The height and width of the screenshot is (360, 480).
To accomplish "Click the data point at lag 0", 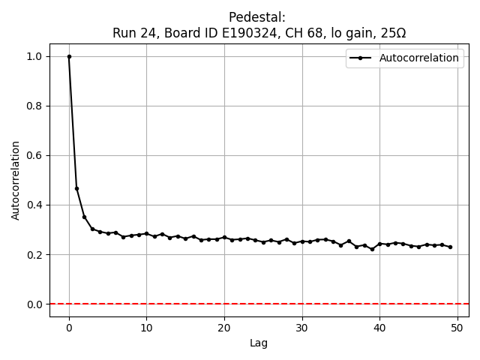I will point(69,56).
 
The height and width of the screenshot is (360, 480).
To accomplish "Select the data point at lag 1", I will point(76,188).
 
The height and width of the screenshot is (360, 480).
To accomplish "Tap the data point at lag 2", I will point(85,217).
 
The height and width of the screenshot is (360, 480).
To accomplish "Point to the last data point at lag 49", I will point(450,247).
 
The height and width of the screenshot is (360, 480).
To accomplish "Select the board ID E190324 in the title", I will point(255,33).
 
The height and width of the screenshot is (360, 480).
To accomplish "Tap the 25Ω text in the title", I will point(392,33).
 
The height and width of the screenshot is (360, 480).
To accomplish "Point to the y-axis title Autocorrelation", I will point(16,180).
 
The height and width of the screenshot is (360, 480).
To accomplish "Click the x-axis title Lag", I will point(259,343).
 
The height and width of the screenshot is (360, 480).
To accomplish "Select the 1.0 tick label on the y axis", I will point(34,56).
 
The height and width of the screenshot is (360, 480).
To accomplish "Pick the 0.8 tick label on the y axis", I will point(34,106).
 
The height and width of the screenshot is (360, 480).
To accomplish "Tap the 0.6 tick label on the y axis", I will point(34,155).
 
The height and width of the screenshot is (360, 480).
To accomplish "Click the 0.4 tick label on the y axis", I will point(34,205).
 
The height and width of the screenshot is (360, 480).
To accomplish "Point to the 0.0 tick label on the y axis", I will point(34,304).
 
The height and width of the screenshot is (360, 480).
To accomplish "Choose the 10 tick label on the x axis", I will point(146,328).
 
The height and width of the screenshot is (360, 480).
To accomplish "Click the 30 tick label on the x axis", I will point(302,328).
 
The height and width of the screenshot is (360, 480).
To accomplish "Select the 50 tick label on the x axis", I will point(457,328).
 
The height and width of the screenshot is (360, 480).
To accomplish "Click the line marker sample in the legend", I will point(360,58).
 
